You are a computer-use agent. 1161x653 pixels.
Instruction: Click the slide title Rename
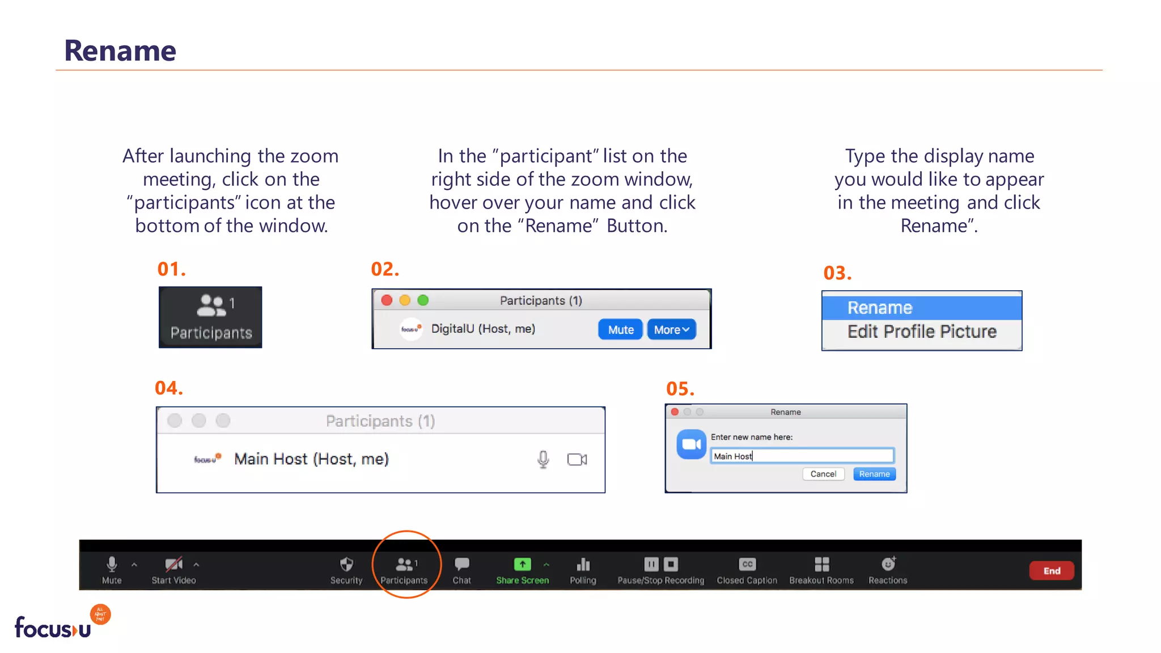tap(120, 51)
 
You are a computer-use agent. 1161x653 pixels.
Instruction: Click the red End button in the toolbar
tap(1052, 571)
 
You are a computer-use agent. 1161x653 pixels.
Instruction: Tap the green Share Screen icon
tap(522, 564)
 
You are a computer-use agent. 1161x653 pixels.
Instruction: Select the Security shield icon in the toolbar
tap(346, 564)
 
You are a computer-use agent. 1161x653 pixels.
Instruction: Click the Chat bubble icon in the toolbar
tap(462, 564)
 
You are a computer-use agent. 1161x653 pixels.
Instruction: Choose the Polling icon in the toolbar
tap(583, 564)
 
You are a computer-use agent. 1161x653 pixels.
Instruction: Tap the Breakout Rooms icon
tap(821, 564)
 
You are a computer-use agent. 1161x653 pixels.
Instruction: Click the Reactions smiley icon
tap(888, 564)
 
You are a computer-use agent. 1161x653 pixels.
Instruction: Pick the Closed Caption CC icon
tap(747, 564)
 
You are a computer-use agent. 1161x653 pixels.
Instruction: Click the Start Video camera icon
tap(173, 564)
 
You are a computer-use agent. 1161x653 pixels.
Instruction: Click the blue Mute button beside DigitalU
tap(620, 329)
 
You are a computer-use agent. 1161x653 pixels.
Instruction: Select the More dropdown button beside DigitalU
tap(671, 329)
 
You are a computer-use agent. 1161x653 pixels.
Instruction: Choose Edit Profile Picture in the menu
tap(922, 332)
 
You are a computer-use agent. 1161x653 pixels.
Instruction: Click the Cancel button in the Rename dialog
tap(823, 474)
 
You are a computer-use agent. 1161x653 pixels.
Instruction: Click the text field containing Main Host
tap(802, 456)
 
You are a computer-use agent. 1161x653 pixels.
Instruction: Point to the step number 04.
tap(169, 388)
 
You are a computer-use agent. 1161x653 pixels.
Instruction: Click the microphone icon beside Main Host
tap(543, 459)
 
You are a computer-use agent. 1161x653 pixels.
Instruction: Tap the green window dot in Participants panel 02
tap(423, 300)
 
